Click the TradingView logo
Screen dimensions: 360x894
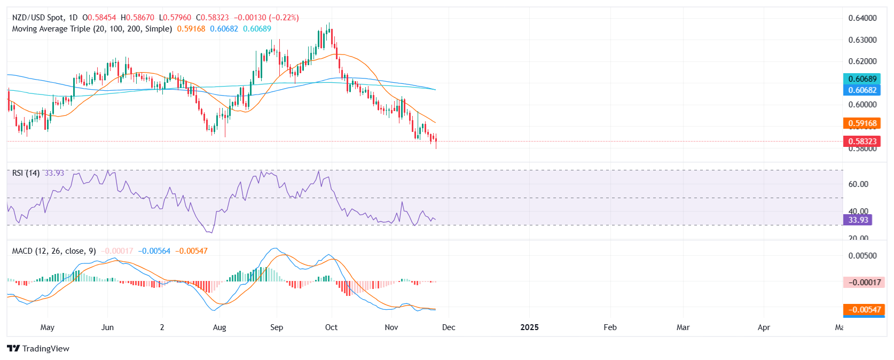click(x=38, y=349)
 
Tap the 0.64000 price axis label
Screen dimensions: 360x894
click(x=862, y=18)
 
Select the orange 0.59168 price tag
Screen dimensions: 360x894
click(x=862, y=123)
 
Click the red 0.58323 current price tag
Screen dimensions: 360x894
click(x=862, y=142)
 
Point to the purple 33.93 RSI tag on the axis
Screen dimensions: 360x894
click(x=858, y=220)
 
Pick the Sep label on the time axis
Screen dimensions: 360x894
click(x=277, y=327)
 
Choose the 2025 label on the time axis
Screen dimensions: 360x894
click(x=529, y=327)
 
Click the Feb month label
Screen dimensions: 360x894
click(x=610, y=327)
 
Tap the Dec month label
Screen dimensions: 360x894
click(x=449, y=327)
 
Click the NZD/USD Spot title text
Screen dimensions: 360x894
click(x=38, y=18)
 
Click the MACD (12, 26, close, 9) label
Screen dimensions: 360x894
click(x=54, y=251)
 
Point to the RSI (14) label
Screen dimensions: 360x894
click(x=26, y=173)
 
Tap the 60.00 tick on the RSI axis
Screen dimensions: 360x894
click(x=858, y=184)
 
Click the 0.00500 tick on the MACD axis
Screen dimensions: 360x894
click(x=862, y=256)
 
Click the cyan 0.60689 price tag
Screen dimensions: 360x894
click(x=862, y=79)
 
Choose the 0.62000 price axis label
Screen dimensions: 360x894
click(x=862, y=61)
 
